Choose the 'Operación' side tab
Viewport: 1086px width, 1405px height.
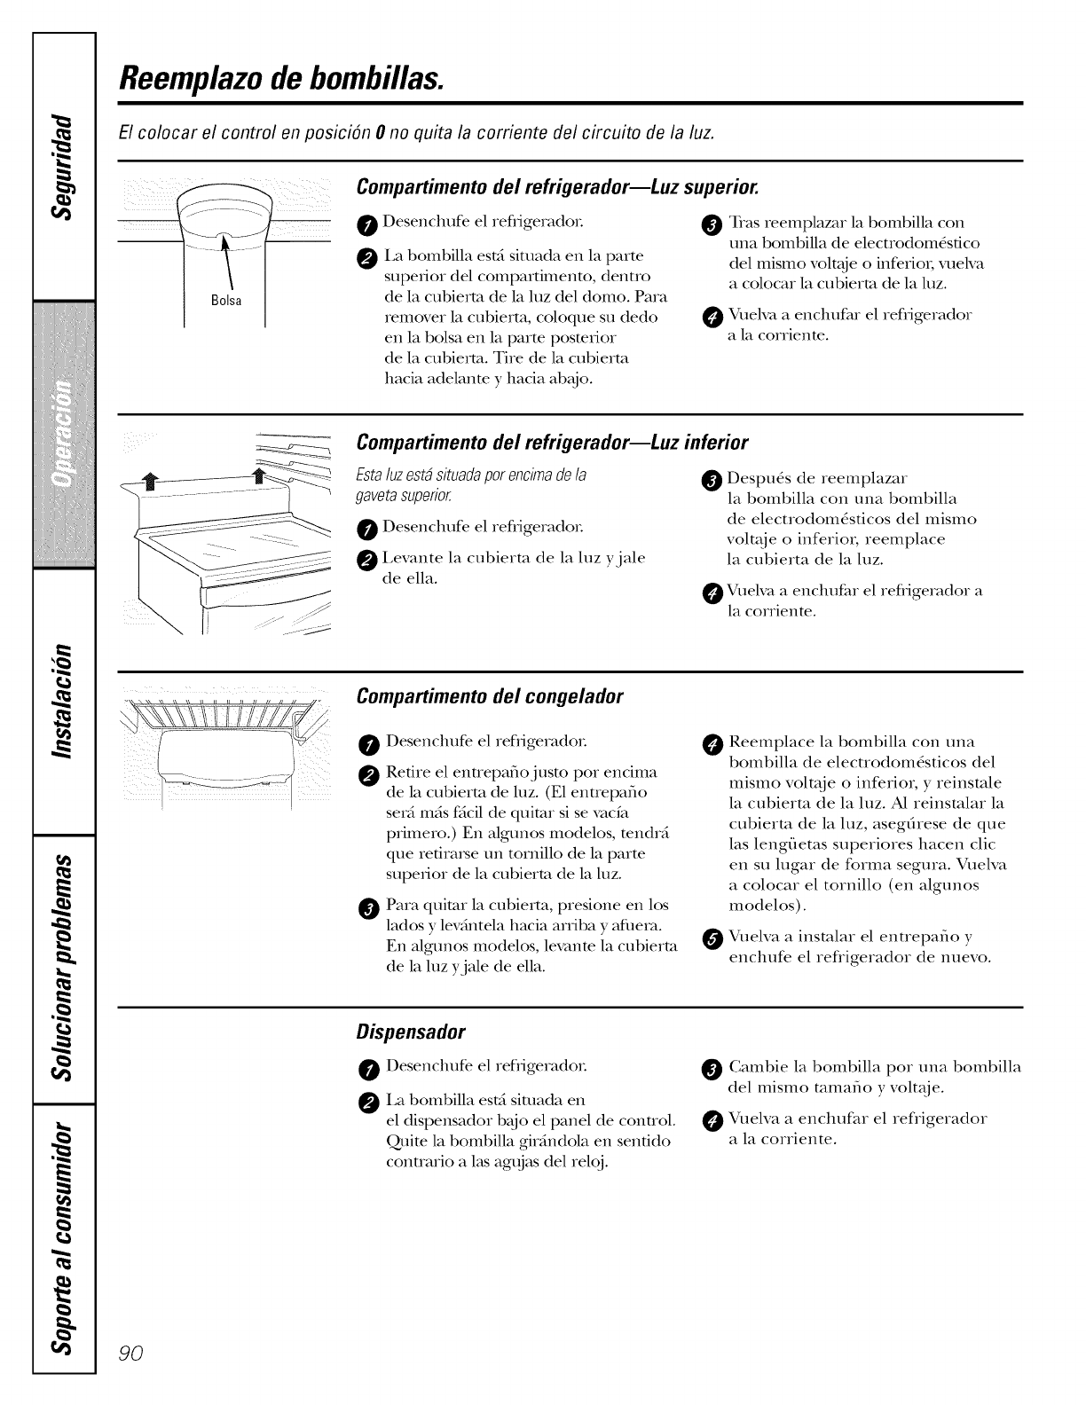pyautogui.click(x=64, y=435)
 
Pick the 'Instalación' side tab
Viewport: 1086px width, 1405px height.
pyautogui.click(x=64, y=701)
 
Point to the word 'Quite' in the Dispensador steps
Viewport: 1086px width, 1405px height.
pyautogui.click(x=404, y=1140)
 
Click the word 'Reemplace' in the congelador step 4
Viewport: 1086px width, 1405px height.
pyautogui.click(x=764, y=742)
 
